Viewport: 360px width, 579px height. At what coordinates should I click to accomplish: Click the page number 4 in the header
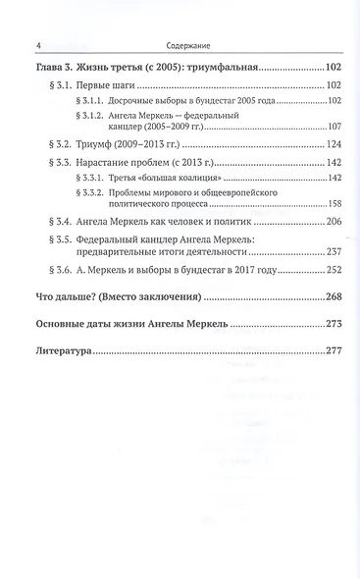coord(36,43)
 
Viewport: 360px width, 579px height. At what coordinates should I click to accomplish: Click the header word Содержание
coord(180,43)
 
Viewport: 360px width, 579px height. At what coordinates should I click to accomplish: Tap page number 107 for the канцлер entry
coord(334,126)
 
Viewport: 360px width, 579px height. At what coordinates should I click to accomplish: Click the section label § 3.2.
coord(61,143)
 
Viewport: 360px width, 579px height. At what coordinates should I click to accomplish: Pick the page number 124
coord(334,143)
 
